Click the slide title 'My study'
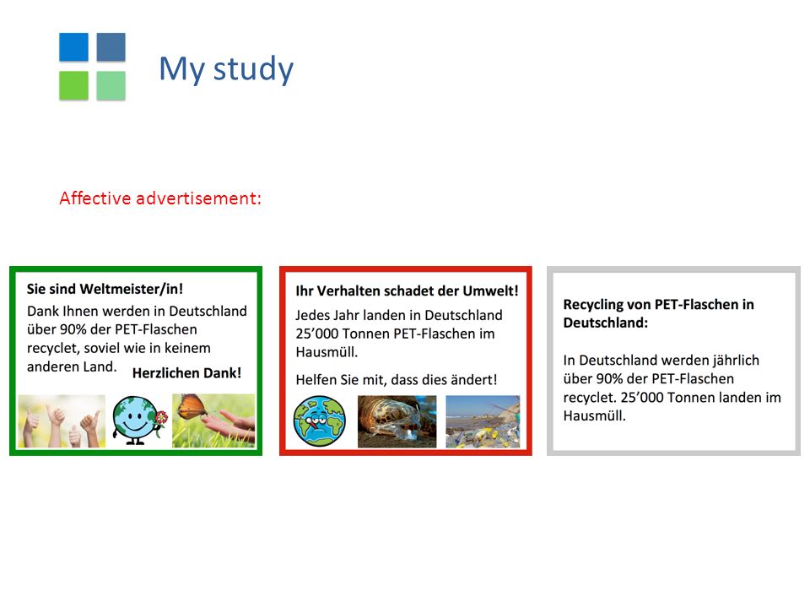click(226, 69)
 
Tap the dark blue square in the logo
click(111, 47)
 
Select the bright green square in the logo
click(74, 85)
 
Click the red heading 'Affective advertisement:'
click(160, 198)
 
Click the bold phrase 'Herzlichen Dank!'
click(186, 372)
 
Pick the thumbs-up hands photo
click(62, 421)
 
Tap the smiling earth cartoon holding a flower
click(138, 421)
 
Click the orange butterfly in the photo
click(192, 407)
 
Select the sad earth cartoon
click(319, 421)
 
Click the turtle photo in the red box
click(397, 421)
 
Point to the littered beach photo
click(483, 421)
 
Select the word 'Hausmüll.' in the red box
click(327, 352)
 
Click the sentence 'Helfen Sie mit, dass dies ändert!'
click(397, 380)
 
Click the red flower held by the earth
click(161, 416)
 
